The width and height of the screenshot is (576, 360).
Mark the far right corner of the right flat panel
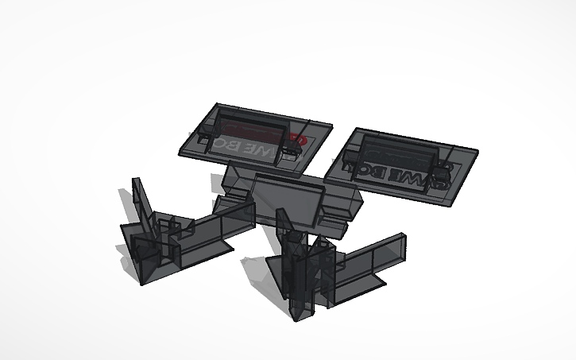pos(479,149)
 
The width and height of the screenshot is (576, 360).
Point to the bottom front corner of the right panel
pos(445,205)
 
